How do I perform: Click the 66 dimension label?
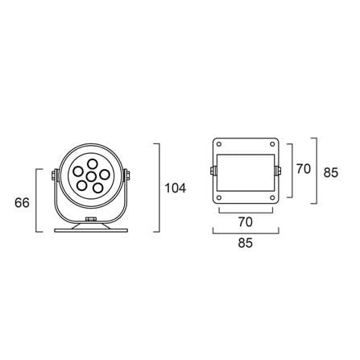(x=22, y=202)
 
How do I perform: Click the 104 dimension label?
(x=175, y=188)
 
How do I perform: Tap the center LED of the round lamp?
(x=92, y=176)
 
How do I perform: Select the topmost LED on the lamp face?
(x=93, y=164)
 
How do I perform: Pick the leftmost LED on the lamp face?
(x=79, y=172)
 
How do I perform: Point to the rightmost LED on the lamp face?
(x=105, y=175)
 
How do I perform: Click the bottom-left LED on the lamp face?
(x=81, y=185)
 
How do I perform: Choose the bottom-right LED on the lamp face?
(x=98, y=188)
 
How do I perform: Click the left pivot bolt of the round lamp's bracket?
(x=55, y=175)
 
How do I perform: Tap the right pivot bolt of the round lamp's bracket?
(x=126, y=175)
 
